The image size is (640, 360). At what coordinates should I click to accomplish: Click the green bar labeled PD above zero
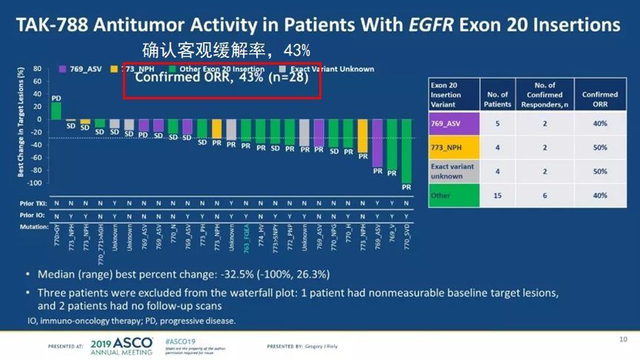tap(56, 110)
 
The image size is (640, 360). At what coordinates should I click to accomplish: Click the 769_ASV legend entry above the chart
tap(84, 70)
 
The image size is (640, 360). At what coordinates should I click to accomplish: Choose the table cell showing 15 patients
tap(497, 196)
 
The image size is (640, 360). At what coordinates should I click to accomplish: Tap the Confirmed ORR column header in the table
tap(599, 95)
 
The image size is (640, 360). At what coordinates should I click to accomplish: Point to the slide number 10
tap(623, 339)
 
